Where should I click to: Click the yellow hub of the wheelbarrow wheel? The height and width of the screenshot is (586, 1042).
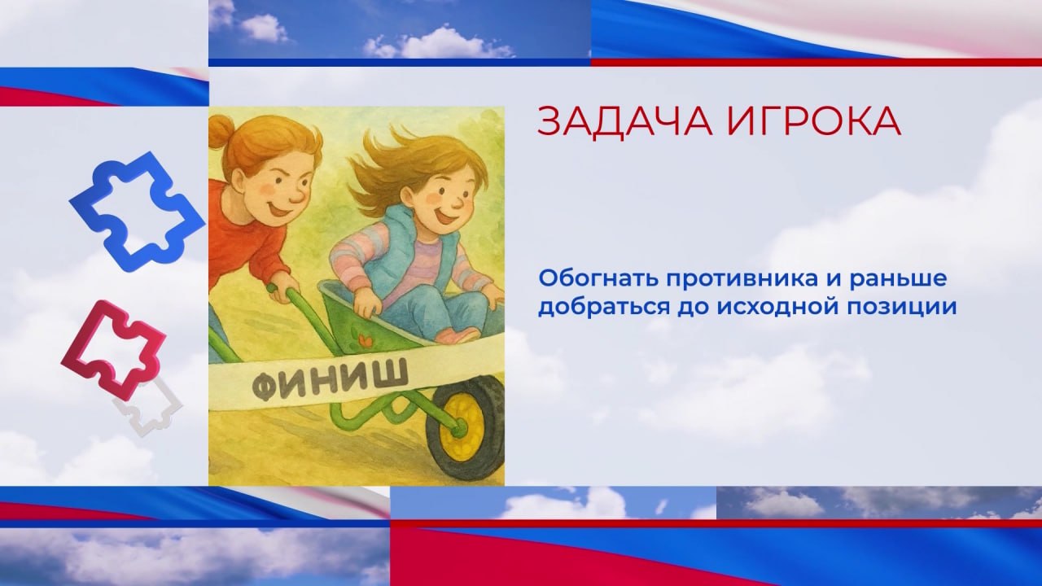pos(461,427)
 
